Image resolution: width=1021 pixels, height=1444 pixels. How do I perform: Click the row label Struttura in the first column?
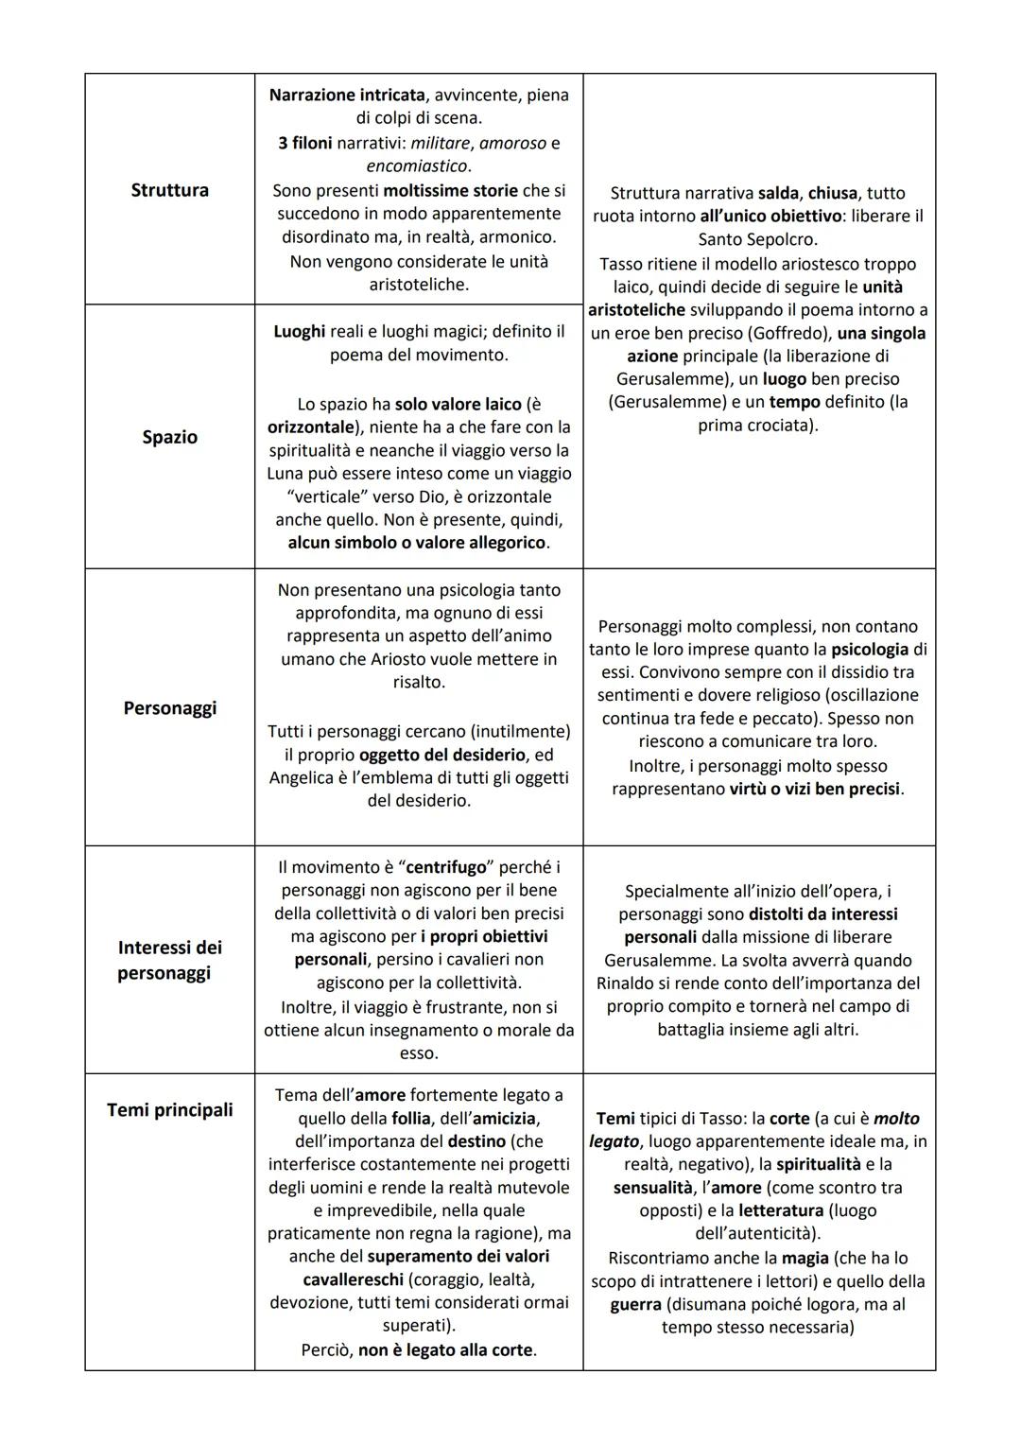(x=169, y=190)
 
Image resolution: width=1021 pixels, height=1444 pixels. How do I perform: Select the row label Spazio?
(x=169, y=437)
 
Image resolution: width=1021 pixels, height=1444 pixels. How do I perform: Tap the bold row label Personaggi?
(x=169, y=708)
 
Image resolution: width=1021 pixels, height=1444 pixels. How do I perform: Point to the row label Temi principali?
(x=169, y=1109)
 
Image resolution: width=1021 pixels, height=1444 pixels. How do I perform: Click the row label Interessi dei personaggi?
(x=169, y=960)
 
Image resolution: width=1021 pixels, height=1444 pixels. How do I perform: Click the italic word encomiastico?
(x=418, y=165)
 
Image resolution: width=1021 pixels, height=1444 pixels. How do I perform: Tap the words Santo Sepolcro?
(x=758, y=239)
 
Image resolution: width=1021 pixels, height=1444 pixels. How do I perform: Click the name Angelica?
(x=304, y=777)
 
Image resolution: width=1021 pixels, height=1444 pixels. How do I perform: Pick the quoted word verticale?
(x=315, y=497)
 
